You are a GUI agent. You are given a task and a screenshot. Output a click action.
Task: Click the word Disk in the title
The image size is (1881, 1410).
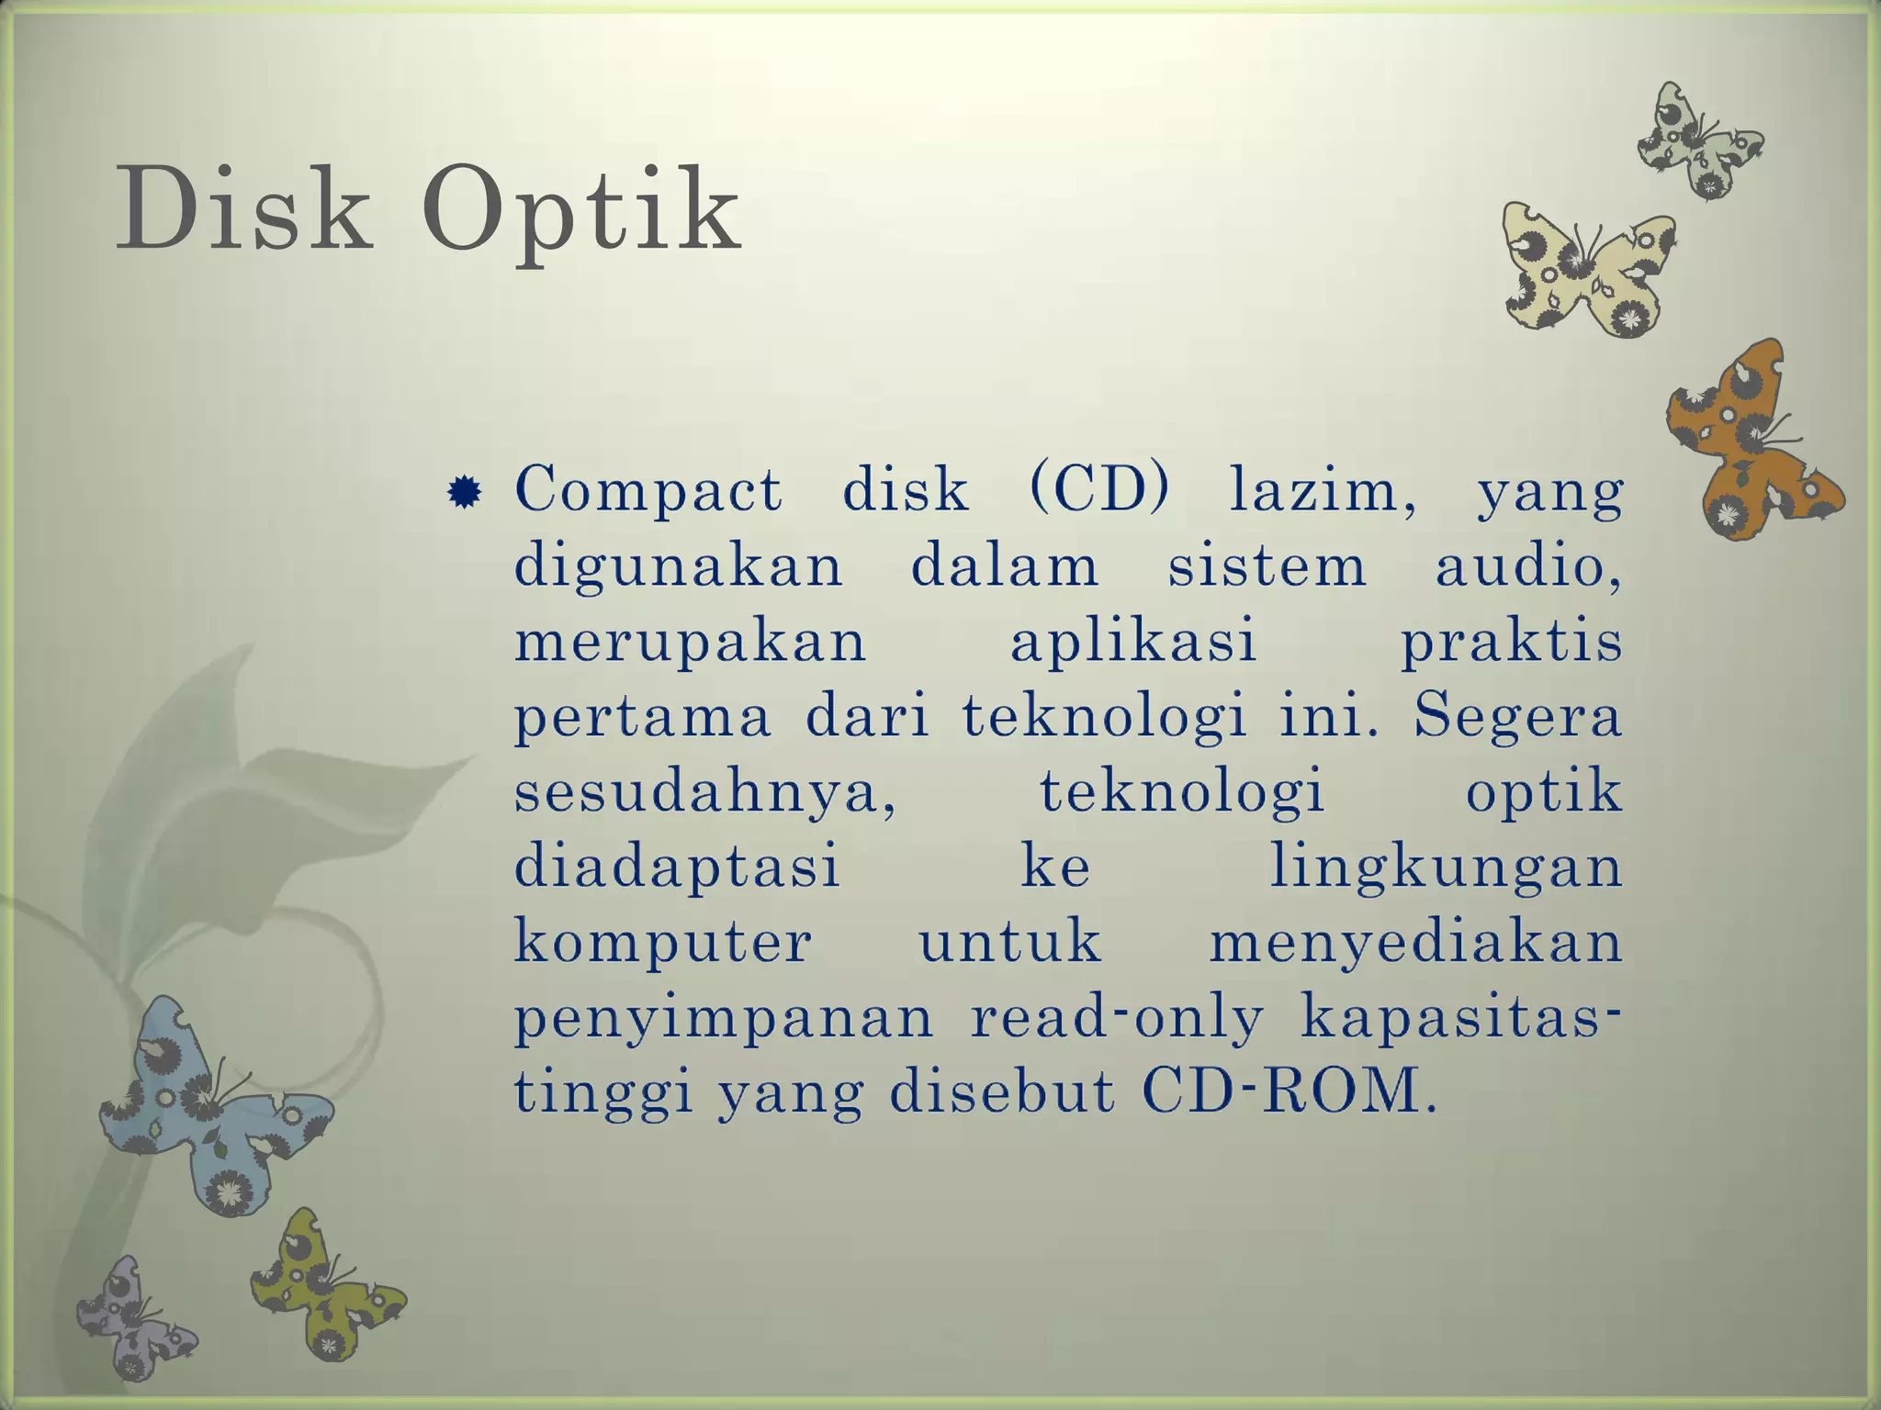tap(244, 209)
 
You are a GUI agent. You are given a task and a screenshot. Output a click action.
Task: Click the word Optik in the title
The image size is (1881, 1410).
tap(580, 213)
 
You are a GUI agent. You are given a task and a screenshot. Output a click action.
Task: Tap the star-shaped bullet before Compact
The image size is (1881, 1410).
tap(464, 493)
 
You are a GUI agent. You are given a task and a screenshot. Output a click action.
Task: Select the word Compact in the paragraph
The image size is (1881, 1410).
tap(648, 489)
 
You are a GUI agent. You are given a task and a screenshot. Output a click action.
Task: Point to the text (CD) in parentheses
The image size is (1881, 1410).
tap(1098, 489)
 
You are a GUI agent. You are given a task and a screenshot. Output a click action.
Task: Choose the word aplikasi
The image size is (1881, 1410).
tap(1133, 641)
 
